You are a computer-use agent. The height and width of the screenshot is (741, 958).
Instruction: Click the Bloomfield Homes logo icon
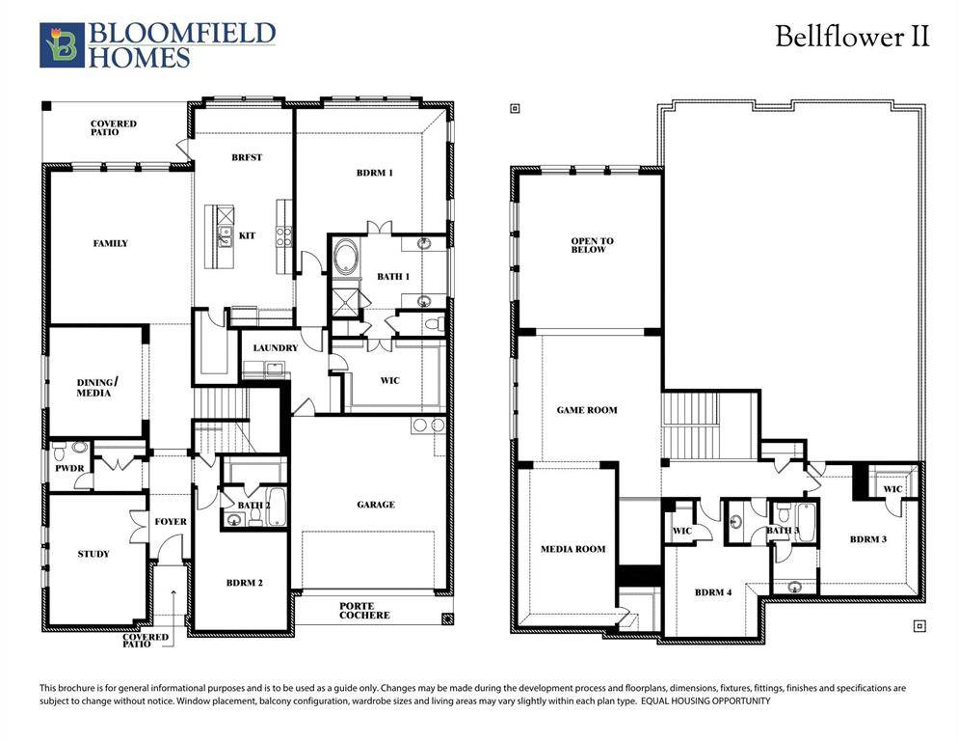[62, 45]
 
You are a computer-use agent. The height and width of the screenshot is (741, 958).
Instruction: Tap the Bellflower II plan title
[852, 37]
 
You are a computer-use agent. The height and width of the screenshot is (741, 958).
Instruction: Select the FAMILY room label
[110, 243]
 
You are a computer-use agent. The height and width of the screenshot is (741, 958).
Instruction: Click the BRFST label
[247, 157]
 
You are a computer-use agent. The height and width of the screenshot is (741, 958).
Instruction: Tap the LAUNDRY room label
[275, 347]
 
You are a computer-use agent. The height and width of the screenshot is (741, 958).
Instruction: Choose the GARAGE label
[375, 504]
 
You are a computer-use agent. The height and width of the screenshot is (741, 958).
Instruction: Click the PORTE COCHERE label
[363, 610]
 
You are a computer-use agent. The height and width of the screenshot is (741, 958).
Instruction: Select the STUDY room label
[93, 554]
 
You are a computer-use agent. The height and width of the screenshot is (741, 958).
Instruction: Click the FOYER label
[171, 522]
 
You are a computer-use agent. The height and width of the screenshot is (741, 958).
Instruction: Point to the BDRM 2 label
[244, 583]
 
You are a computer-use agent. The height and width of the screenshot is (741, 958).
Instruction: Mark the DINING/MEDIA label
[93, 388]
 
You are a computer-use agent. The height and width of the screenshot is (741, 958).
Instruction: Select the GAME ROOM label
[587, 410]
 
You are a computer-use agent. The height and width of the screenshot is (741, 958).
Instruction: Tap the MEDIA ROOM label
[573, 549]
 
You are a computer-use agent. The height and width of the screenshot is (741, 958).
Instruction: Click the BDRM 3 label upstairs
[867, 539]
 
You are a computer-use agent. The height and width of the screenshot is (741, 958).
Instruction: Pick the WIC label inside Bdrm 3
[892, 489]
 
